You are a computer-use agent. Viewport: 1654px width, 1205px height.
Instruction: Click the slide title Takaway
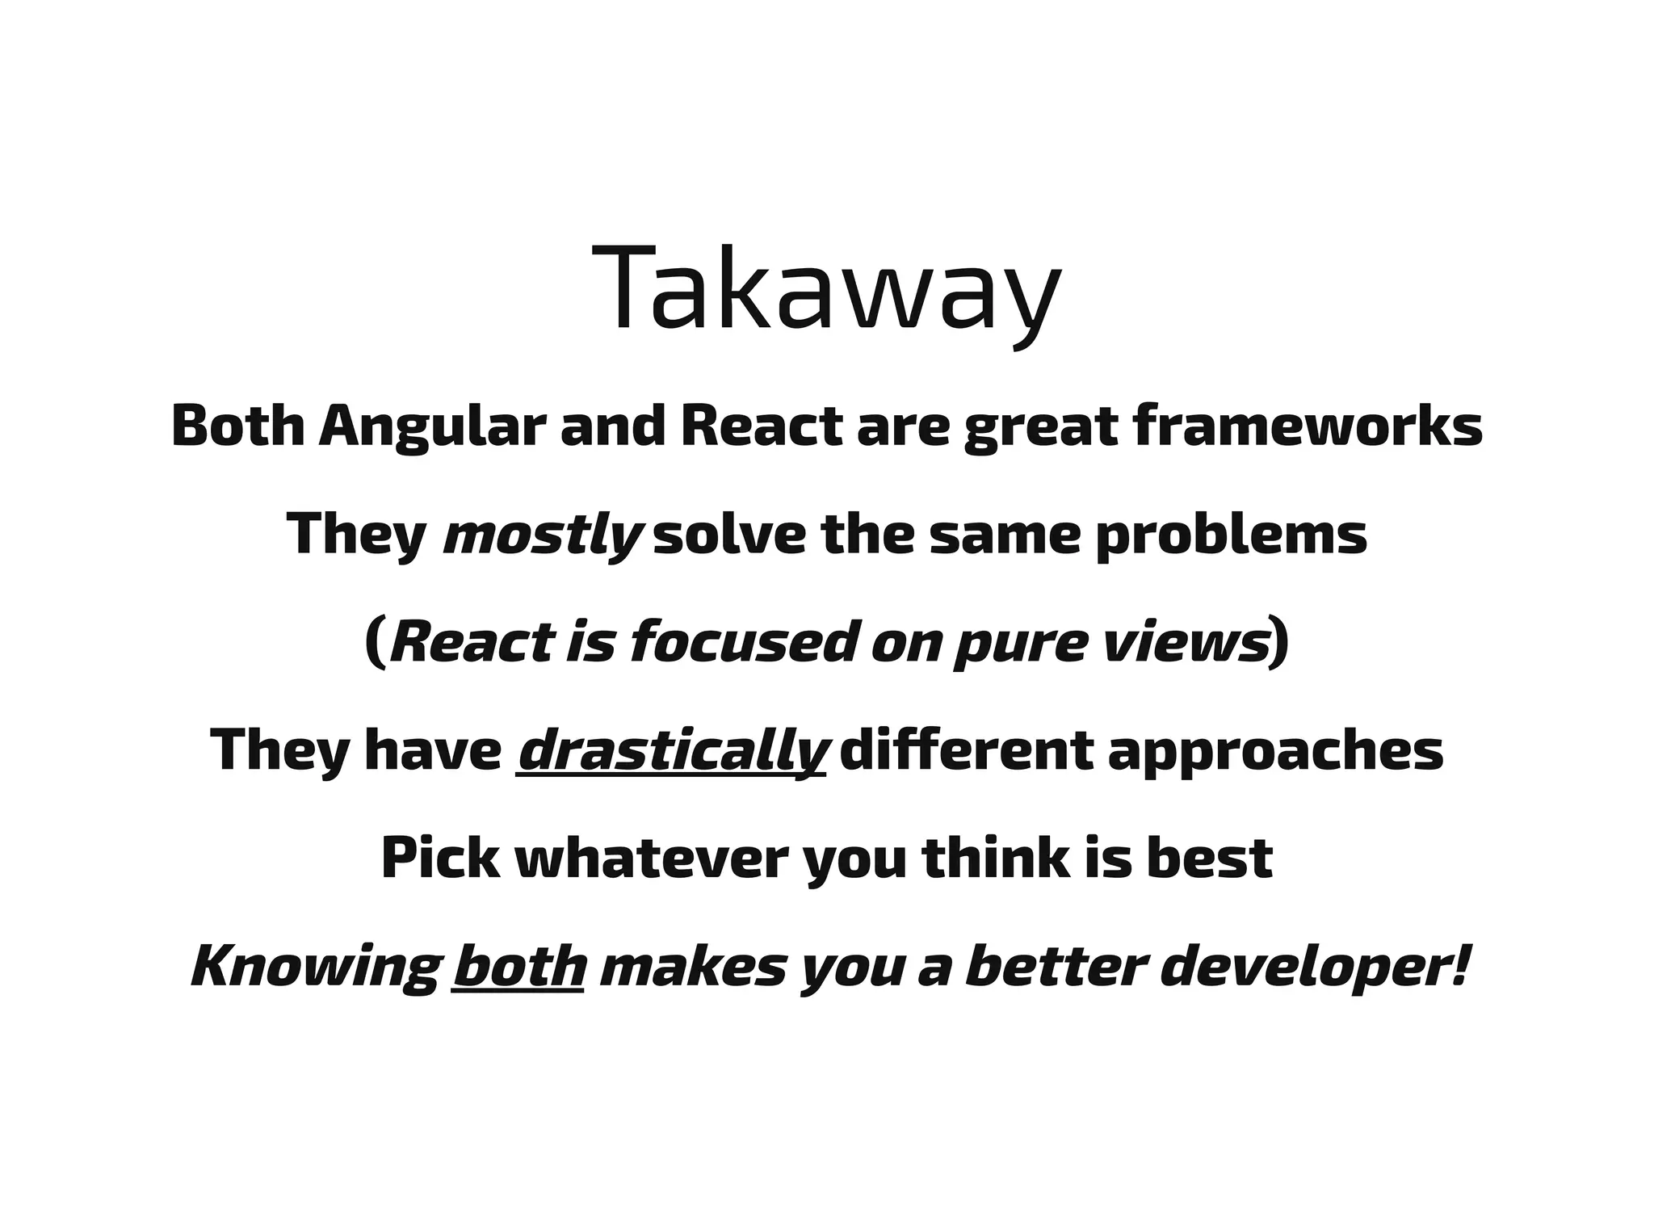click(826, 290)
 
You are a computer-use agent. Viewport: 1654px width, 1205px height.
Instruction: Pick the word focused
click(741, 642)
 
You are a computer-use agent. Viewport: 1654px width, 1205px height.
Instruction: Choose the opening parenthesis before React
click(375, 642)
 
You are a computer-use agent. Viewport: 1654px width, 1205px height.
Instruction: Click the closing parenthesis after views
click(1278, 642)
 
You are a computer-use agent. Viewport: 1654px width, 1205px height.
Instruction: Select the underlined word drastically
click(672, 750)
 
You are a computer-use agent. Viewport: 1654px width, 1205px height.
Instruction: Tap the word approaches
click(1275, 750)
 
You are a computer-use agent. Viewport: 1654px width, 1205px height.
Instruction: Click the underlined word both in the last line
click(518, 967)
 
